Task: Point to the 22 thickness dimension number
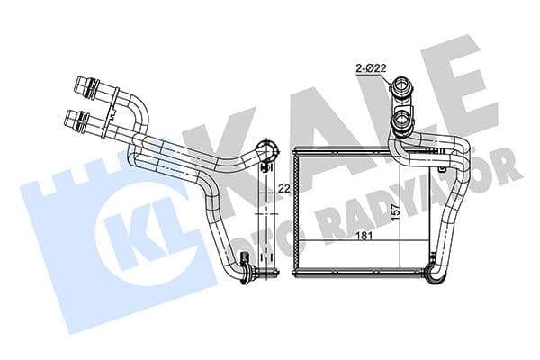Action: [x=283, y=188]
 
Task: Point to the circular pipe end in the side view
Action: [x=266, y=150]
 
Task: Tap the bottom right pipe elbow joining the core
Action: [x=436, y=269]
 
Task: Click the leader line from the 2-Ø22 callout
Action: [x=379, y=79]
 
